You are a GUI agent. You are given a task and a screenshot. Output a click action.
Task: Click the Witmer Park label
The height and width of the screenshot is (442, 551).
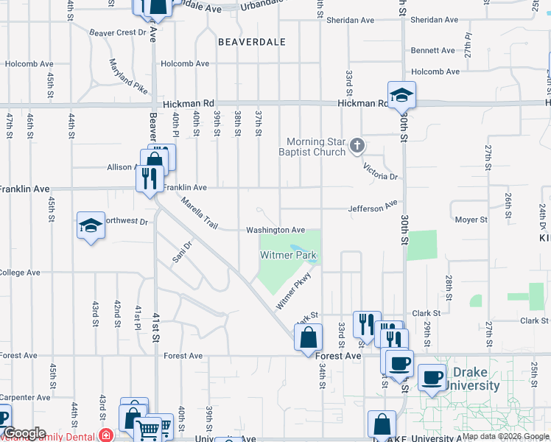288,255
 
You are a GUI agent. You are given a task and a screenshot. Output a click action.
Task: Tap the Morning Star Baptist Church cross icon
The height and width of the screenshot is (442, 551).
357,145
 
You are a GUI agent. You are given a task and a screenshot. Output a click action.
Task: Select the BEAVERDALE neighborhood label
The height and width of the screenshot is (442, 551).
252,42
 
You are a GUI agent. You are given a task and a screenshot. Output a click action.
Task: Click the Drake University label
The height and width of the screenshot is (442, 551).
476,379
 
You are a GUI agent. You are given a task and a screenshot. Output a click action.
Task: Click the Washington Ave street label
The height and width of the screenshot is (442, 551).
275,230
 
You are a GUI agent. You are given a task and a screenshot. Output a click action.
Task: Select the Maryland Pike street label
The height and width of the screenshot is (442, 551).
128,76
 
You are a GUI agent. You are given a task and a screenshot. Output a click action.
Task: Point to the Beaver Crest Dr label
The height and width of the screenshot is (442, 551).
118,32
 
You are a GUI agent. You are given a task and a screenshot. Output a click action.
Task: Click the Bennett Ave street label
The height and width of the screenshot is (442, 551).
433,51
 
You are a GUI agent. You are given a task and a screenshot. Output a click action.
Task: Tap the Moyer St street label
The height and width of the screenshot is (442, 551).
471,220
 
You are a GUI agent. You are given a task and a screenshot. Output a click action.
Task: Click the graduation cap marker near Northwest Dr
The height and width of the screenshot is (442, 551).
91,225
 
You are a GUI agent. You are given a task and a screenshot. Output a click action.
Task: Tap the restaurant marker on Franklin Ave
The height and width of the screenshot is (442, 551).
149,179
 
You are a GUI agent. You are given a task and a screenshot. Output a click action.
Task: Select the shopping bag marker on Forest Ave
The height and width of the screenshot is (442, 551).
309,339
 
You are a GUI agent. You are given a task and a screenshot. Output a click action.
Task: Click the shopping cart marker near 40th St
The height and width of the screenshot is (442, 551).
149,429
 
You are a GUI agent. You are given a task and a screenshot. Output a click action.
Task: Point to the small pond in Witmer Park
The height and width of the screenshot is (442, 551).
296,249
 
